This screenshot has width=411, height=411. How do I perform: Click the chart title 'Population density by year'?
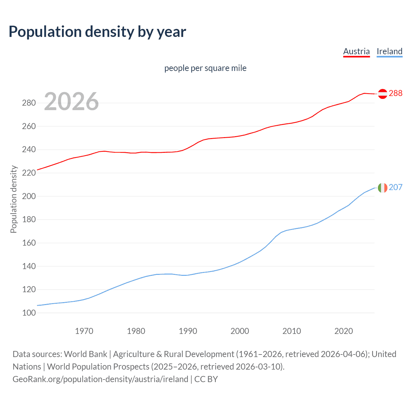click(x=97, y=32)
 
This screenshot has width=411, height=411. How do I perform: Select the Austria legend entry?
click(x=356, y=51)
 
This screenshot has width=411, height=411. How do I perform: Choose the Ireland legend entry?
click(x=389, y=51)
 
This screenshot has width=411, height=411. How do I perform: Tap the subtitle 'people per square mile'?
click(x=205, y=68)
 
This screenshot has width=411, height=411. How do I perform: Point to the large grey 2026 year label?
click(x=71, y=101)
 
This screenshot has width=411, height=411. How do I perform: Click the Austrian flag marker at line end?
click(x=382, y=93)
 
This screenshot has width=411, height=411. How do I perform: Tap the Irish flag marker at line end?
click(x=382, y=188)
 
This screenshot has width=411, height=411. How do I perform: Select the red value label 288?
click(x=396, y=93)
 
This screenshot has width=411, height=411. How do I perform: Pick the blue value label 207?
click(x=396, y=187)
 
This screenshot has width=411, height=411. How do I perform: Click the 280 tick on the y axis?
click(x=29, y=103)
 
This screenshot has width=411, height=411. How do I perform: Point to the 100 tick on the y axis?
click(x=29, y=313)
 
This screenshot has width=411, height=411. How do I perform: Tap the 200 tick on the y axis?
click(x=29, y=196)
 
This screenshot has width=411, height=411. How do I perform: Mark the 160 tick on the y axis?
click(x=29, y=243)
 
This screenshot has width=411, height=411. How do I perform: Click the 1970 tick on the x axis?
click(x=84, y=331)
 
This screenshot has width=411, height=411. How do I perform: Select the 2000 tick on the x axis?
click(x=240, y=331)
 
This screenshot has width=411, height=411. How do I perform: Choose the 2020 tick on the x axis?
click(x=344, y=331)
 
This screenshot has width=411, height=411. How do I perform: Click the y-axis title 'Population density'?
click(x=13, y=199)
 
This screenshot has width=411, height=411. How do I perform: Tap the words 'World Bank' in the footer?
click(x=85, y=354)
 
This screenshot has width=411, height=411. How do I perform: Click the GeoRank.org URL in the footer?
click(x=100, y=379)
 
